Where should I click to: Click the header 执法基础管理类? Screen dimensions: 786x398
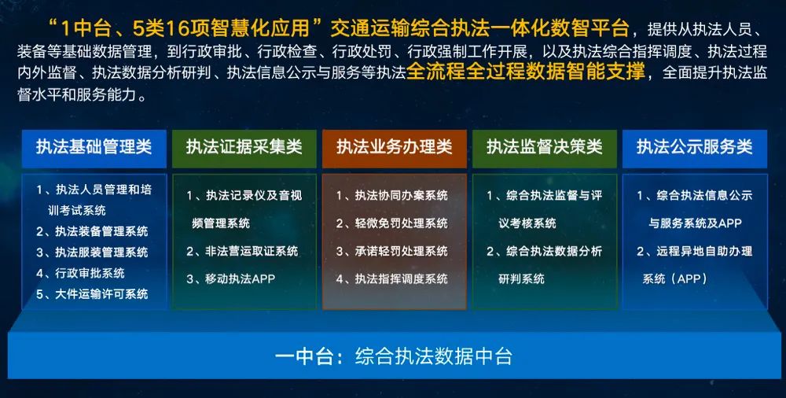tap(94, 147)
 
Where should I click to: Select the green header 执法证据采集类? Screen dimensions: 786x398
tap(244, 147)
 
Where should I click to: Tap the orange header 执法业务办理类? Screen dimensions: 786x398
tap(395, 147)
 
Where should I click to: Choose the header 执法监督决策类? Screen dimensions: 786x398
tap(545, 147)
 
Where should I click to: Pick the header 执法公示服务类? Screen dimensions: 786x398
tap(695, 147)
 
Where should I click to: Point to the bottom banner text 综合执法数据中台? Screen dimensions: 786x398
tap(434, 357)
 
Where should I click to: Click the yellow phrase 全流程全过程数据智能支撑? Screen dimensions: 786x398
tap(525, 72)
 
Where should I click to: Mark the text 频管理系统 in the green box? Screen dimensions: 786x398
tap(221, 223)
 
